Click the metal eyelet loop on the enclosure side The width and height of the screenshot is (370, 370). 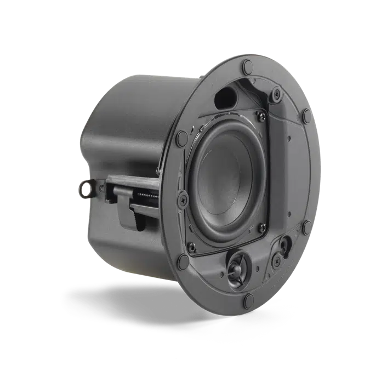(87, 189)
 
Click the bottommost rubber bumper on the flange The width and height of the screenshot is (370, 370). (249, 299)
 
